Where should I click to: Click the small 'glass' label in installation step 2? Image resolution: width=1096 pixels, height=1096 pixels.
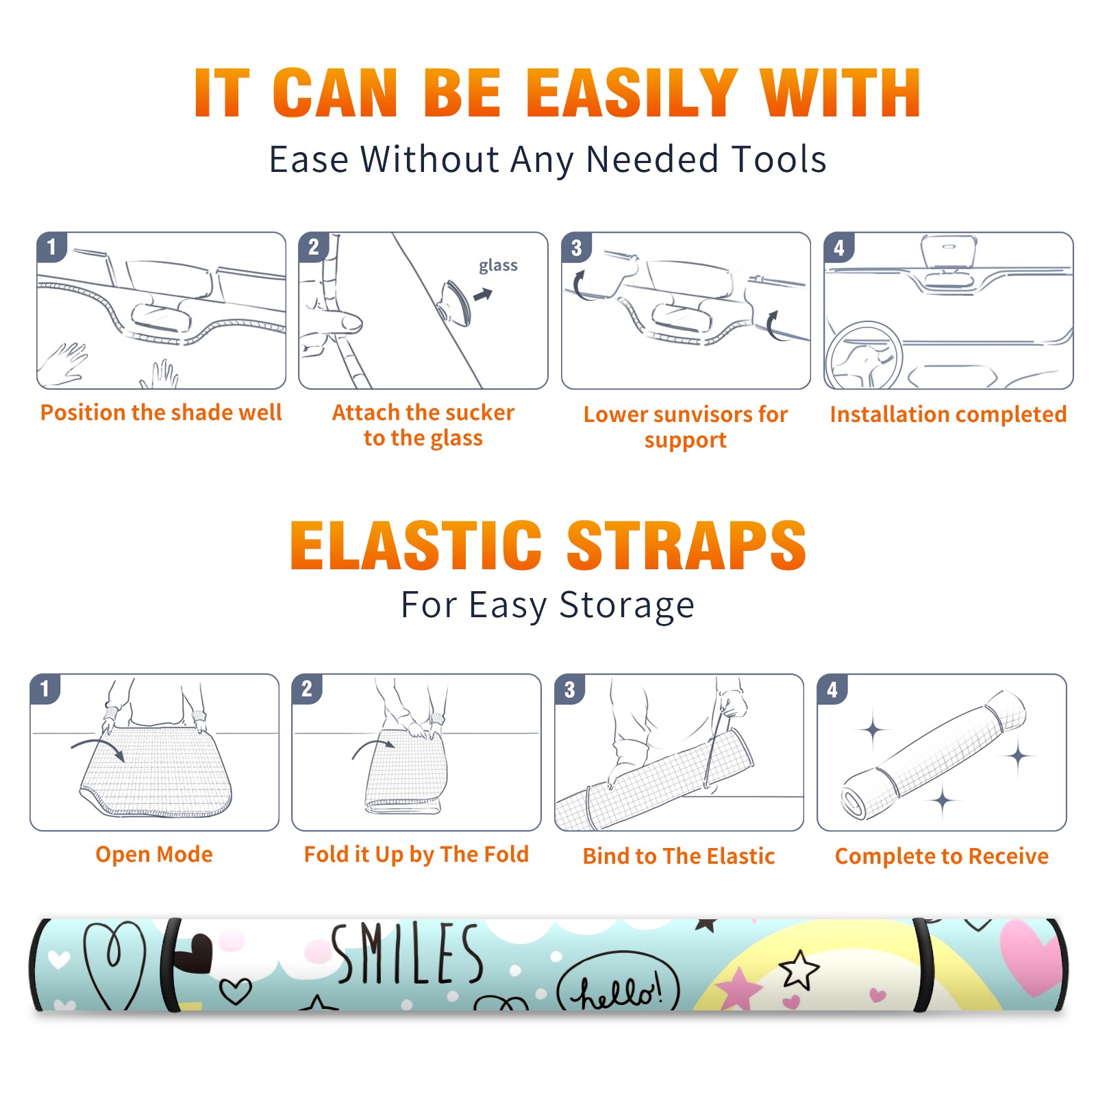tap(498, 266)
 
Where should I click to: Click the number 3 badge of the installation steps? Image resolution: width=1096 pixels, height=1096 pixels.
tap(576, 248)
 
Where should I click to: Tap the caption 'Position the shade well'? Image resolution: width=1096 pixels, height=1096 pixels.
tap(161, 412)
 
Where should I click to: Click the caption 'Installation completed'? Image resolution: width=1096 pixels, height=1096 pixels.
tap(948, 414)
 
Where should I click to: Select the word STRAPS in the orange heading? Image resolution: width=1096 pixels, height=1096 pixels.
tap(686, 545)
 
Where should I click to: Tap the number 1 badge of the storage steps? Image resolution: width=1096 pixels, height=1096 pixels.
tap(45, 689)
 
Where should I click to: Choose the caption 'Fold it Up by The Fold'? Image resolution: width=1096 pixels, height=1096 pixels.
tap(416, 854)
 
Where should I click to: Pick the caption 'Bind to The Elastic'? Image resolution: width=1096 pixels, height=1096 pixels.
tap(679, 856)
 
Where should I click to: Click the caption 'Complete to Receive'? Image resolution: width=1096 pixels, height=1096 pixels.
tap(942, 856)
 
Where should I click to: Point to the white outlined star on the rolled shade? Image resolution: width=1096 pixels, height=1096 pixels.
tap(799, 969)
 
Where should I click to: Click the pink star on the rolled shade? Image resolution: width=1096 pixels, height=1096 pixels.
tap(738, 986)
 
